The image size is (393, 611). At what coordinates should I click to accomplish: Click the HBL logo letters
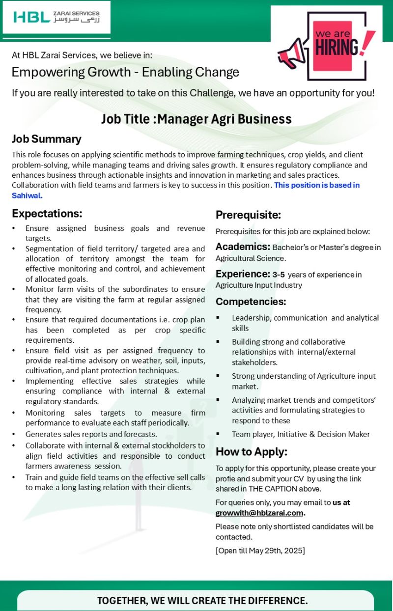[x=31, y=17]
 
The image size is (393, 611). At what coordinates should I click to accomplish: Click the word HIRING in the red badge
[x=337, y=48]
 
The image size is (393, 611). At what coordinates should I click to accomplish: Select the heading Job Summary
[x=47, y=139]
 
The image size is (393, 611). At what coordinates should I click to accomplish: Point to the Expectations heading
[x=47, y=214]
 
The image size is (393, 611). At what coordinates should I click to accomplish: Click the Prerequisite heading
[x=248, y=215]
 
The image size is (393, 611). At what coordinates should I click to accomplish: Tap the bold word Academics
[x=243, y=247]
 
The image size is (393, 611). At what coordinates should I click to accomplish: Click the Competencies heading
[x=251, y=301]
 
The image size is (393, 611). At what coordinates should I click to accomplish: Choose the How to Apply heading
[x=252, y=452]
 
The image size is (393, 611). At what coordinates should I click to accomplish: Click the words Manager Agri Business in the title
[x=225, y=119]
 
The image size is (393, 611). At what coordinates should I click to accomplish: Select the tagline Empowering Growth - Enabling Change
[x=125, y=73]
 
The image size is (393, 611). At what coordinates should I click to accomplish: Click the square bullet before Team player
[x=218, y=434]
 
